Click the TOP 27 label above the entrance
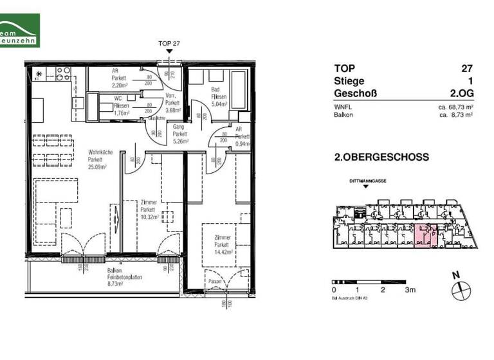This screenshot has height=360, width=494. (x=169, y=43)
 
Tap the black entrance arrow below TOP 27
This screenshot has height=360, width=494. (x=169, y=51)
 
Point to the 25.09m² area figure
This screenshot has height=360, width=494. (x=97, y=166)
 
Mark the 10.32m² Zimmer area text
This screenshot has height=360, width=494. (x=149, y=217)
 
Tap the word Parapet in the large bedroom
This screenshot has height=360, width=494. (x=214, y=282)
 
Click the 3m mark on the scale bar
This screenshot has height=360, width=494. (x=409, y=291)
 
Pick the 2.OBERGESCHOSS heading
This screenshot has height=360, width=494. (x=381, y=157)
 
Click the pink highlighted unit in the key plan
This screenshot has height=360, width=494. (x=422, y=237)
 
